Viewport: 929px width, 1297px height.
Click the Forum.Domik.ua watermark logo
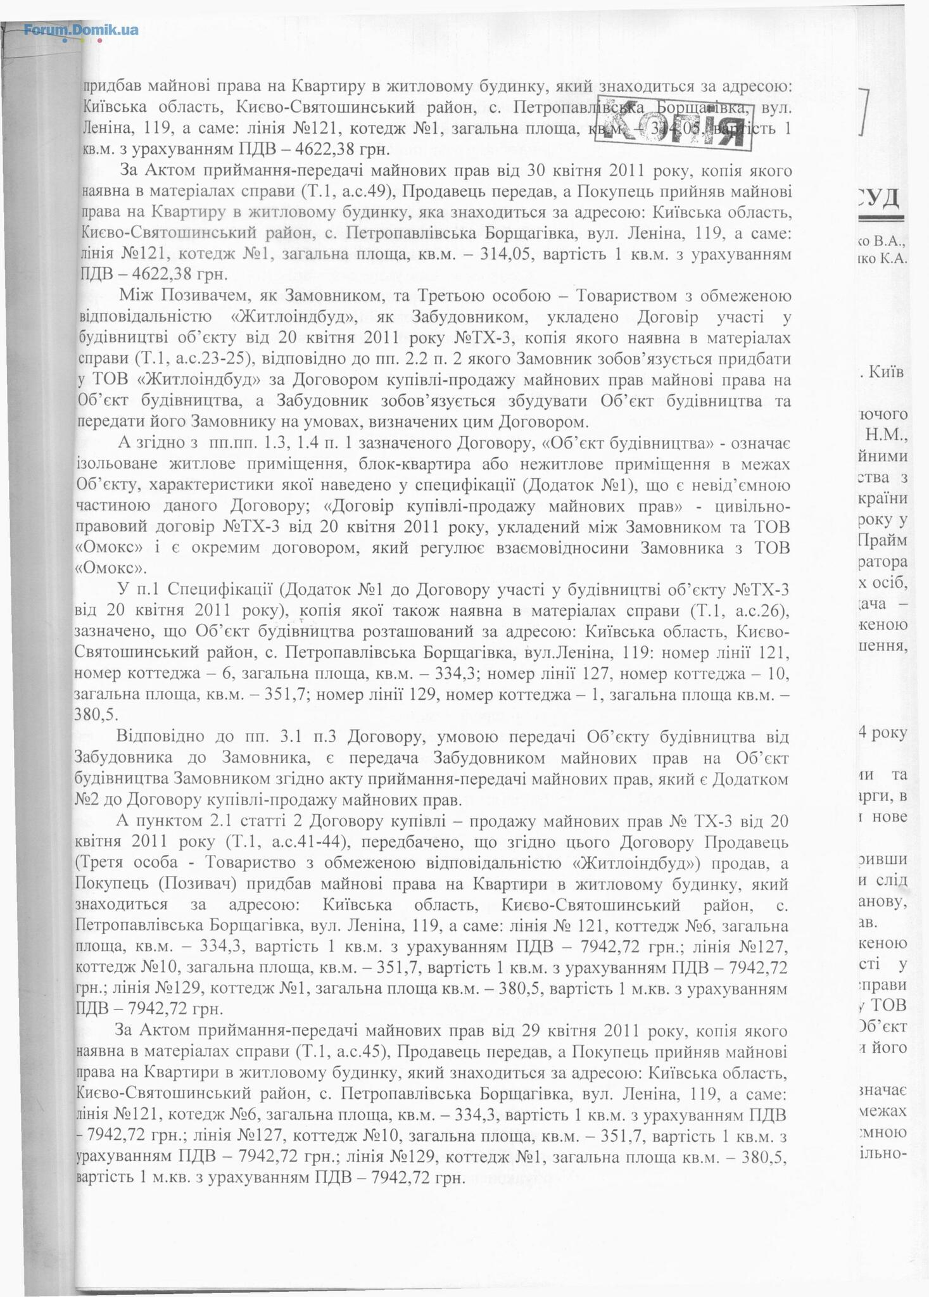pos(81,30)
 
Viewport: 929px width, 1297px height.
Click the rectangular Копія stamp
pos(674,122)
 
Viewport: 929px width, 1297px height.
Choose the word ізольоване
pos(114,464)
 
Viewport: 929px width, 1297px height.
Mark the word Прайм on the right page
pos(883,540)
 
